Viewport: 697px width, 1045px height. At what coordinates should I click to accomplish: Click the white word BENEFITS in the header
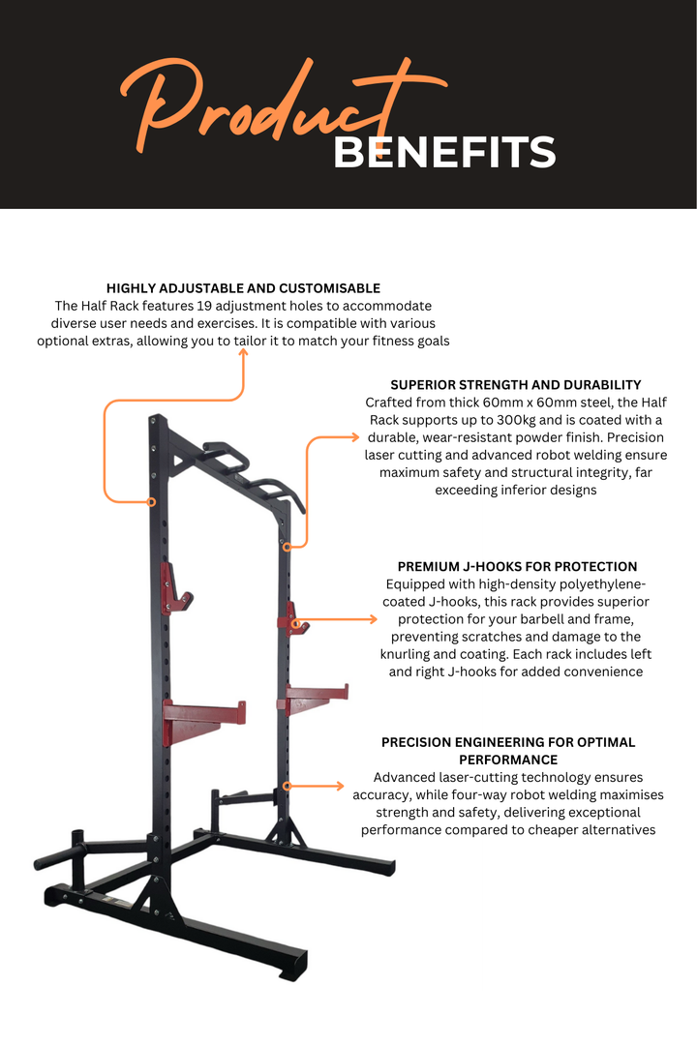point(444,153)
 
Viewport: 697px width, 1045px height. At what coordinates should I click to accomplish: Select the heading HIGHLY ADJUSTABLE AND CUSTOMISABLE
point(243,288)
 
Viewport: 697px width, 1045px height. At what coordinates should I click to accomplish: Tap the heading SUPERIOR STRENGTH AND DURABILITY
point(515,385)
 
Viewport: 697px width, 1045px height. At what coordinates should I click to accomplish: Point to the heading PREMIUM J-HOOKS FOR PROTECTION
point(517,567)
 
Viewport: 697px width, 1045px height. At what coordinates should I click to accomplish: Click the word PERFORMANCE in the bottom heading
point(508,761)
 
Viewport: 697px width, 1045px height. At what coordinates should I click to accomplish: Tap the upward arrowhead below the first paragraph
point(243,353)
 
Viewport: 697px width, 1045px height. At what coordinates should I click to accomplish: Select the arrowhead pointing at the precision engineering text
point(340,786)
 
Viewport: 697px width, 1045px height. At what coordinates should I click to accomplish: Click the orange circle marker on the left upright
point(151,501)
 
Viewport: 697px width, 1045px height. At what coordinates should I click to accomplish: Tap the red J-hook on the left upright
point(175,587)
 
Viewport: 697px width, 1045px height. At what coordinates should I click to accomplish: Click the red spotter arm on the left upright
point(204,714)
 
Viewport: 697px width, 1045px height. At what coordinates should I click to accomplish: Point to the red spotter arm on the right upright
point(315,697)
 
